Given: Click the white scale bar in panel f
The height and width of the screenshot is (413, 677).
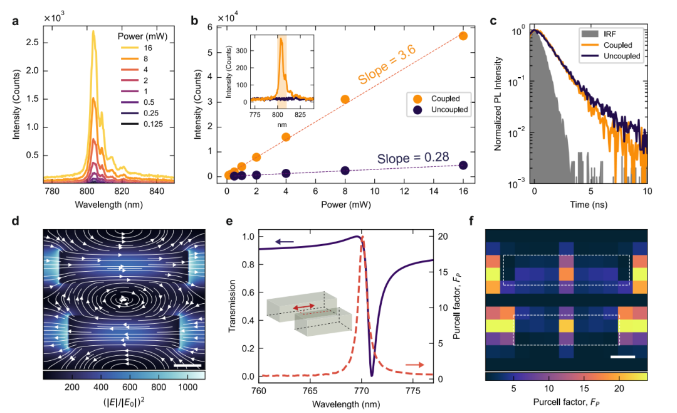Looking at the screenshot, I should [624, 357].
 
